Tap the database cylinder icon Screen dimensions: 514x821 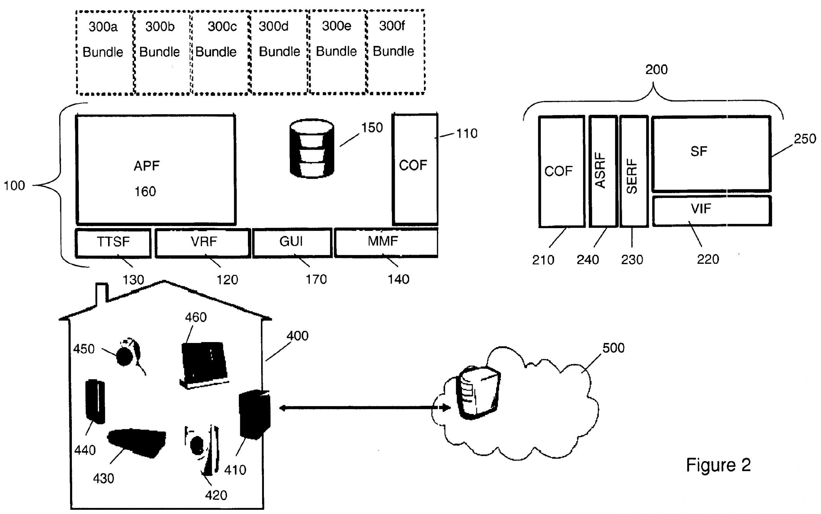(x=312, y=148)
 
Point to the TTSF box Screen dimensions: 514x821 (x=113, y=242)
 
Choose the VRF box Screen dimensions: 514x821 (x=203, y=242)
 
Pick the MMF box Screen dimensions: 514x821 (x=386, y=242)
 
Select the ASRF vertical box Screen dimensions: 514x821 (x=603, y=171)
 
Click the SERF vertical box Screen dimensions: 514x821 (x=633, y=171)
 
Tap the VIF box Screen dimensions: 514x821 (x=711, y=210)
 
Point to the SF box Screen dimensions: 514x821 (x=711, y=153)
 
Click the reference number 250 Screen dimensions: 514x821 (x=805, y=139)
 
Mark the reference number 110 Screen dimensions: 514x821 (x=467, y=133)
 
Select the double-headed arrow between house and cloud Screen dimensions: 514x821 (x=364, y=407)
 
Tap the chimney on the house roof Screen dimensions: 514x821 (x=102, y=292)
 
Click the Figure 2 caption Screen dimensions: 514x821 (x=718, y=465)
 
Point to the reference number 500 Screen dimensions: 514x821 (x=614, y=348)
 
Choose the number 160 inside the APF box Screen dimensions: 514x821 (x=145, y=192)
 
